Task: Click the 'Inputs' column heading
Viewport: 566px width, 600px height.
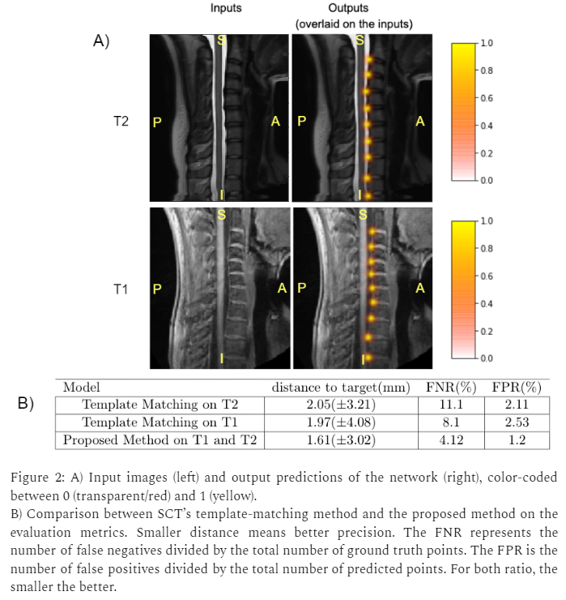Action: click(226, 8)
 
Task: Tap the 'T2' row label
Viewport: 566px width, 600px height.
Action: click(121, 122)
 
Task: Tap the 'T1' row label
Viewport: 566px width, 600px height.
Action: click(121, 288)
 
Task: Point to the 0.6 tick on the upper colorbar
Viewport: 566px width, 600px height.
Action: click(487, 98)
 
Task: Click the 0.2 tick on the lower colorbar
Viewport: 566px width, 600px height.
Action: click(487, 331)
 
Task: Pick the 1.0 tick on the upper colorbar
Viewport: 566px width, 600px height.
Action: click(487, 43)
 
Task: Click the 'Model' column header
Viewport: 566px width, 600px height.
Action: click(81, 388)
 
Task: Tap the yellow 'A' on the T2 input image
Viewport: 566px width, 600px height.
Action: click(276, 122)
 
